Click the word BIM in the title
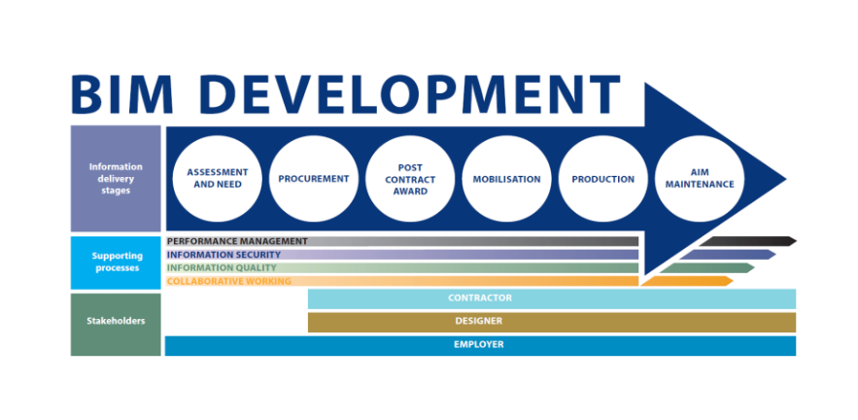pos(122,94)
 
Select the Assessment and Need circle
pos(218,179)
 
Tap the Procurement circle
pos(314,179)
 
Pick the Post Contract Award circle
pos(410,179)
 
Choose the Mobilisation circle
pos(506,179)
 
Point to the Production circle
pos(603,179)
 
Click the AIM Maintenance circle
pos(700,179)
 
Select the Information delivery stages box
pos(116,179)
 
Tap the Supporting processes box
pos(116,262)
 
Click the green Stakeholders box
pos(116,324)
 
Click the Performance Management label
pos(237,241)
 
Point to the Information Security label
pos(223,255)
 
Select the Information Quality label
pos(222,267)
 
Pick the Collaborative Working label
pos(228,281)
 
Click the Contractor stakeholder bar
pos(552,299)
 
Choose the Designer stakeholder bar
pos(552,322)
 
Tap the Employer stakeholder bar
pos(480,345)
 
